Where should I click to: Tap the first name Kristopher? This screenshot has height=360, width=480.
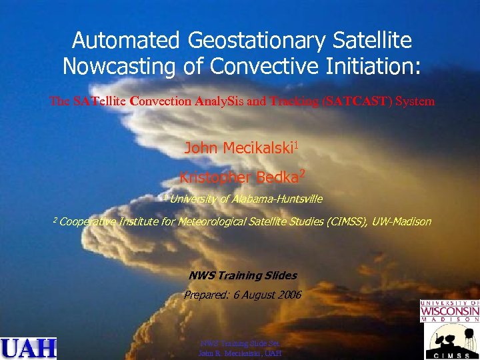click(213, 177)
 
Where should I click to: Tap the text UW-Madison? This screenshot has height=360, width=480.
click(401, 221)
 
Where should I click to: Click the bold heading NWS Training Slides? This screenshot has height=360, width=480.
click(243, 275)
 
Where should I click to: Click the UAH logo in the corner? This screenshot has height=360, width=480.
click(29, 348)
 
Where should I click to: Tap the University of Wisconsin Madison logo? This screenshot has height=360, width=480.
click(449, 312)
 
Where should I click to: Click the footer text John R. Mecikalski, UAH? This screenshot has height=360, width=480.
click(240, 353)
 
